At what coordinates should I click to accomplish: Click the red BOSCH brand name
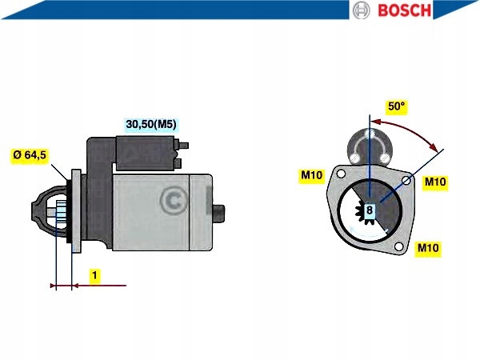point(404,10)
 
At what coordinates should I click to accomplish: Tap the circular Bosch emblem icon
point(361,10)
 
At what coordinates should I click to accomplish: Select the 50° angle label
point(397,106)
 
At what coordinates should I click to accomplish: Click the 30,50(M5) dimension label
point(151,124)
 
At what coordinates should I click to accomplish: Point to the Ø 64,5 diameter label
point(30,155)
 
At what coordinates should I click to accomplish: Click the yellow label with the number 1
point(95,275)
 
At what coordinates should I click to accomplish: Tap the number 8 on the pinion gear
point(370,210)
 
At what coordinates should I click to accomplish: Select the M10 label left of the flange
point(312,174)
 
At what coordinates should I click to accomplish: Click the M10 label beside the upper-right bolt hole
point(435,182)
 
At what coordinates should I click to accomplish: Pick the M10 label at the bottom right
point(428,247)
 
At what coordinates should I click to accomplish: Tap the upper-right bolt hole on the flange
point(406,181)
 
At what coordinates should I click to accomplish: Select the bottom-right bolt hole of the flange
point(398,246)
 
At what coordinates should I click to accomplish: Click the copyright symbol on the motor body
point(174,201)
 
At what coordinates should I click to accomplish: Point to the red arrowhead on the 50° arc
point(434,147)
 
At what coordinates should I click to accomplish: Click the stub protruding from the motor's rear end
point(218,213)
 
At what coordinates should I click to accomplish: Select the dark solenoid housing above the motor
point(146,153)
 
